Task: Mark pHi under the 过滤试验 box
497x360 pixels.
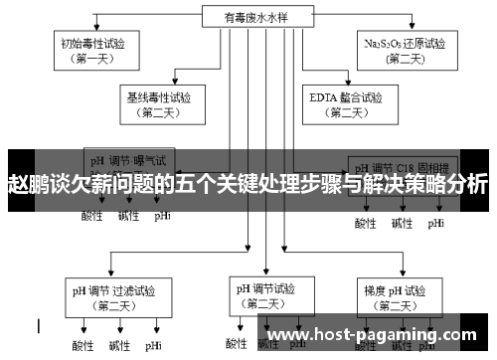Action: coord(153,346)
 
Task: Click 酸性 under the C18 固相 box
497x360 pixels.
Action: coord(366,223)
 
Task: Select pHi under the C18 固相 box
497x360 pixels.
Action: coord(436,223)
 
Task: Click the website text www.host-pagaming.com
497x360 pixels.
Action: coord(378,335)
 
